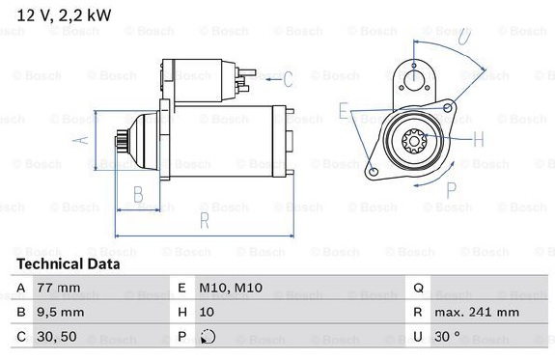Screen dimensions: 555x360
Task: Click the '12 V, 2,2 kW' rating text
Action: click(x=64, y=15)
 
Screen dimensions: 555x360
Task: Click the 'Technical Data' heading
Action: click(x=69, y=264)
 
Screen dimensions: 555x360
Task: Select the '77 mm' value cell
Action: click(x=59, y=288)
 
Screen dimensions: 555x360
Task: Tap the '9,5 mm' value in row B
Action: click(x=61, y=312)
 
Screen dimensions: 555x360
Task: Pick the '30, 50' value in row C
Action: click(x=57, y=336)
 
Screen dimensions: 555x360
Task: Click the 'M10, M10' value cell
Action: click(x=231, y=288)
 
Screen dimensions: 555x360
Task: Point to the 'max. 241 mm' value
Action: click(x=477, y=312)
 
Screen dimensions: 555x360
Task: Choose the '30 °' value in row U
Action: click(x=448, y=336)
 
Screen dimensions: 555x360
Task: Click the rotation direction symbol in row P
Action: click(x=208, y=337)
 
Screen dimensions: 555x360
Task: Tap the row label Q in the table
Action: click(x=418, y=288)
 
